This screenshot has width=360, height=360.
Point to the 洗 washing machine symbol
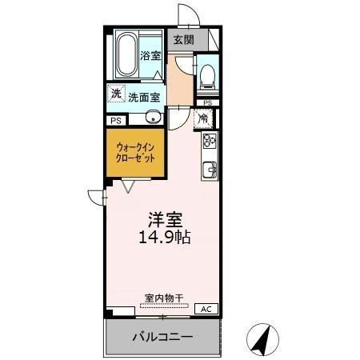[117, 94]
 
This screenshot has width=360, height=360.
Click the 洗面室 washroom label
[144, 97]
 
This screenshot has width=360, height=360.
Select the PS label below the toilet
[208, 103]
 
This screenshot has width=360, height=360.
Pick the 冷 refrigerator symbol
[203, 119]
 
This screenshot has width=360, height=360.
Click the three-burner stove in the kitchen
[210, 142]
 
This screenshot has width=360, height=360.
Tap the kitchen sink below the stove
[210, 169]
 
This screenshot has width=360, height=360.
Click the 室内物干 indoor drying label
[163, 297]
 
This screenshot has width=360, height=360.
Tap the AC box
[204, 309]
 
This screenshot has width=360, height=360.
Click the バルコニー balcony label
[162, 338]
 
